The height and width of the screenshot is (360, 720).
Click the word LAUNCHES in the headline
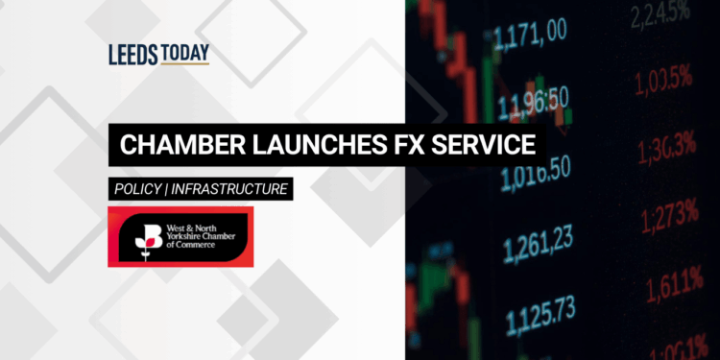click(x=299, y=146)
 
